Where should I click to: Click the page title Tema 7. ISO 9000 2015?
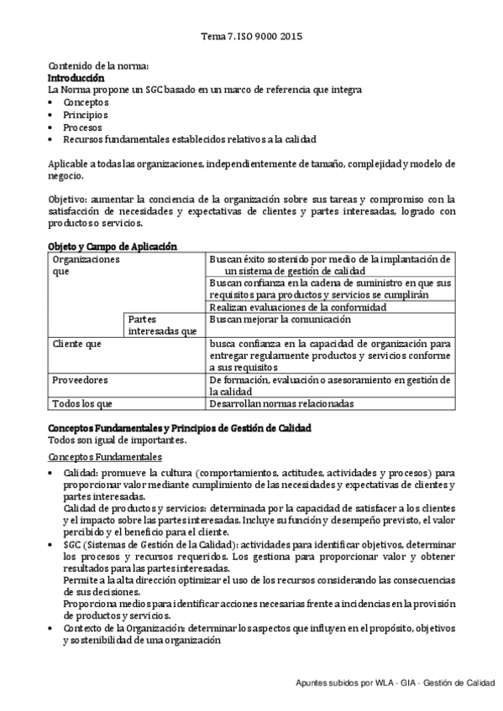click(x=252, y=37)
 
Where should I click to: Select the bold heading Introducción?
click(x=76, y=77)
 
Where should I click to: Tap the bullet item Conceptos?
click(x=86, y=101)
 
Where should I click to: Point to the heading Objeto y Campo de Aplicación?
click(x=112, y=247)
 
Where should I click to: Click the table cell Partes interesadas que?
click(x=163, y=325)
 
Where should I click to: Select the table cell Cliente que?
click(x=76, y=344)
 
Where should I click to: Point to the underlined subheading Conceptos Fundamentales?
click(x=105, y=457)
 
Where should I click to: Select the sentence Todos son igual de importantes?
click(x=117, y=440)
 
